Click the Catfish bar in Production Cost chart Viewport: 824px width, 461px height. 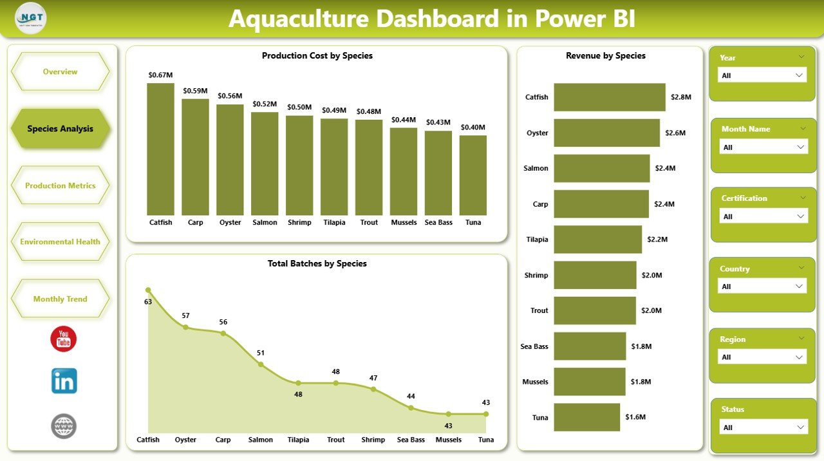pyautogui.click(x=160, y=149)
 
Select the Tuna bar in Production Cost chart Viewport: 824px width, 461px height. pyautogui.click(x=473, y=175)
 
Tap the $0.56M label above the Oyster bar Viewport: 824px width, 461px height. pyautogui.click(x=230, y=96)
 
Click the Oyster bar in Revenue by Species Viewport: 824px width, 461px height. pyautogui.click(x=606, y=133)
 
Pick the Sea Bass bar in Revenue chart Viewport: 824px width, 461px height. pyautogui.click(x=590, y=346)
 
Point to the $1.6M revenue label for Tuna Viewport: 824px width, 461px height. pyautogui.click(x=635, y=417)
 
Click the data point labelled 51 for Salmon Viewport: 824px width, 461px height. pyautogui.click(x=261, y=364)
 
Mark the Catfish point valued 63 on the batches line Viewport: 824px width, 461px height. pyautogui.click(x=148, y=290)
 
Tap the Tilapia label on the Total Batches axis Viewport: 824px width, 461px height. pyautogui.click(x=298, y=440)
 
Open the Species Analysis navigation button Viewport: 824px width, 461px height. pyautogui.click(x=61, y=129)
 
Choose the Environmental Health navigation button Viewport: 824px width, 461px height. pyautogui.click(x=61, y=242)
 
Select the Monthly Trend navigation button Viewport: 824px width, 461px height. pyautogui.click(x=61, y=299)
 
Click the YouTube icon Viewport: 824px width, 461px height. pyautogui.click(x=64, y=339)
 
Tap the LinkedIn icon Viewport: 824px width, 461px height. pyautogui.click(x=64, y=381)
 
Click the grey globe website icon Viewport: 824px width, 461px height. pyautogui.click(x=64, y=426)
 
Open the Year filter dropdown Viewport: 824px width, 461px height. pyautogui.click(x=762, y=75)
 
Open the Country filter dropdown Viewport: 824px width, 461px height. pyautogui.click(x=762, y=287)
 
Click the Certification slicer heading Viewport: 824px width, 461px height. pyautogui.click(x=744, y=198)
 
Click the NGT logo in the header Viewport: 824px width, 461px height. pyautogui.click(x=31, y=18)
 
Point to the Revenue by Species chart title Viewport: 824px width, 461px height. pyautogui.click(x=606, y=56)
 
